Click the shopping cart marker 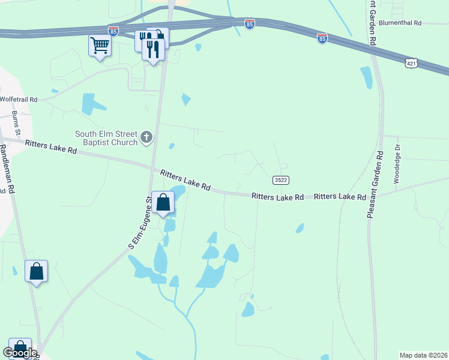tap(100, 46)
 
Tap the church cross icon tap(146, 139)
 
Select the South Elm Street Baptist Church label tap(106, 138)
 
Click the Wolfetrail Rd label tap(19, 99)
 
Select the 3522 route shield tap(280, 180)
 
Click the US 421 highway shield tap(411, 62)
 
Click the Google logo tap(20, 353)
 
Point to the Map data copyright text tap(423, 355)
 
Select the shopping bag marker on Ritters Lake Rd tap(163, 203)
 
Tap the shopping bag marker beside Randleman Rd tap(36, 271)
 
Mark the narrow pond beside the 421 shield tap(366, 78)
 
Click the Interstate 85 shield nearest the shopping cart tap(113, 29)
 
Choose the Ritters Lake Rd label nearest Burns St tap(51, 147)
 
